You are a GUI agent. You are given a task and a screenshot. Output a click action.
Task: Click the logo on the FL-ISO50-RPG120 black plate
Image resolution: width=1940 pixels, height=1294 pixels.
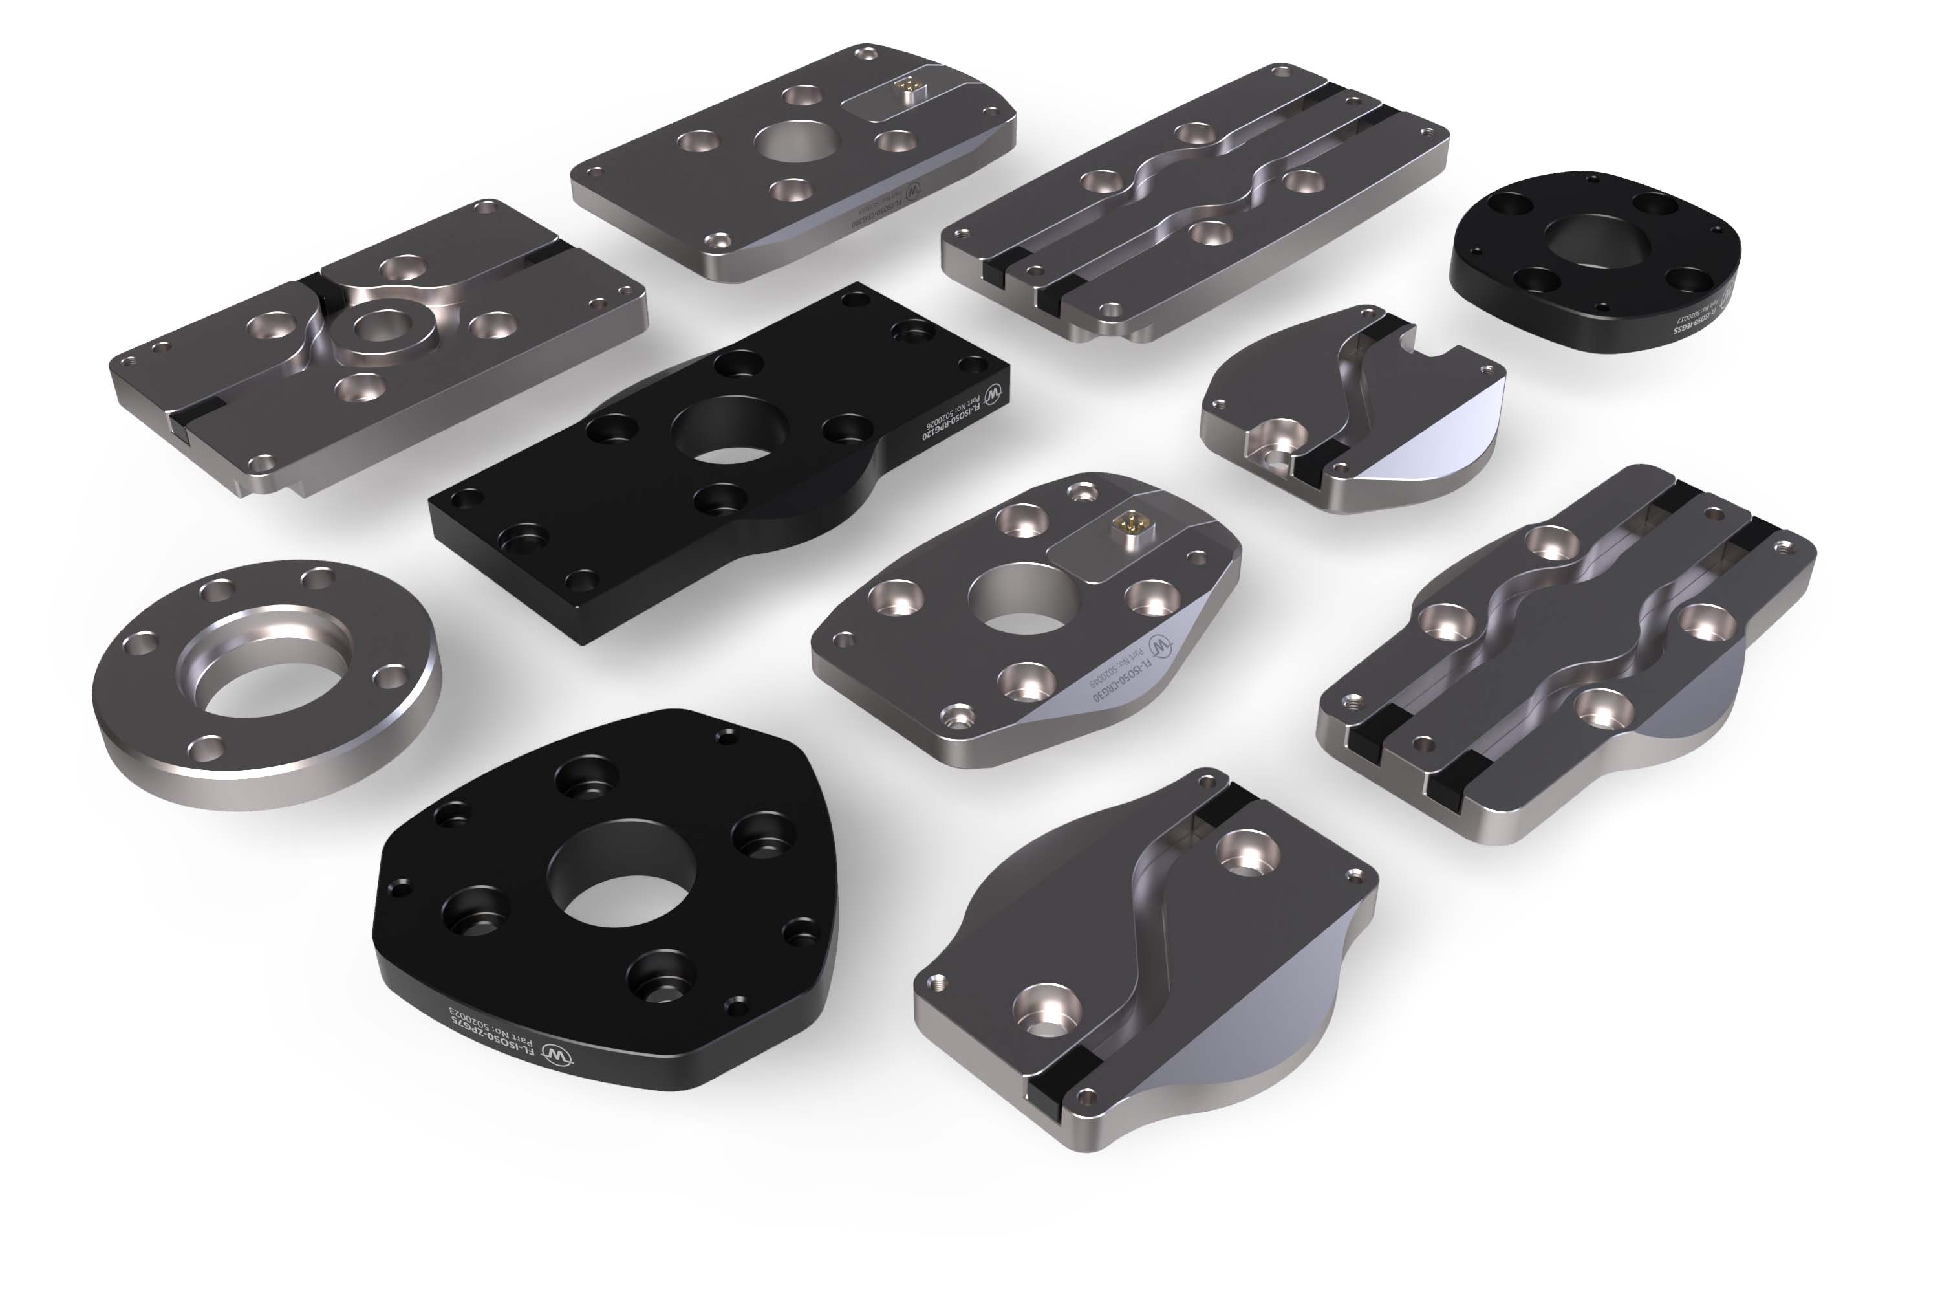[x=996, y=392]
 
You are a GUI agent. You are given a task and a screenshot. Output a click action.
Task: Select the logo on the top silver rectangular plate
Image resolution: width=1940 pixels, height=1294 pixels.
[x=914, y=192]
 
